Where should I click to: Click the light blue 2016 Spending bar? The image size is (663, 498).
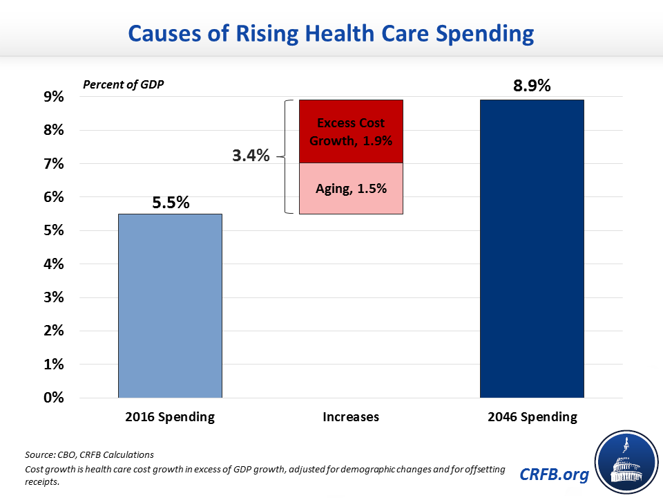coord(170,306)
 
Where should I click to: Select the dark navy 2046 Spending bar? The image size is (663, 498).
coord(532,249)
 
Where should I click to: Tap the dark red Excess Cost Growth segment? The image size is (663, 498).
coord(350,131)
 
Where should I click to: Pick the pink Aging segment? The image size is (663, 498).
coord(350,188)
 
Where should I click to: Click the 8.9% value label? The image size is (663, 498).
coord(531,86)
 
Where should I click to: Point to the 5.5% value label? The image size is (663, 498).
coord(170,203)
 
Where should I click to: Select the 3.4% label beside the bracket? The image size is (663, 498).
coord(251,156)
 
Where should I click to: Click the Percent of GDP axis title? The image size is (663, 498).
coord(124,84)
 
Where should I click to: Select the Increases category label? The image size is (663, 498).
coord(350,417)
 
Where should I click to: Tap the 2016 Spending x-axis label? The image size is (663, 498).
coord(170,417)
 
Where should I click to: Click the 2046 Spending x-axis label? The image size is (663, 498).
coord(531,417)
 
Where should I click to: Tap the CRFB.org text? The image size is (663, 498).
coord(555,474)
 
